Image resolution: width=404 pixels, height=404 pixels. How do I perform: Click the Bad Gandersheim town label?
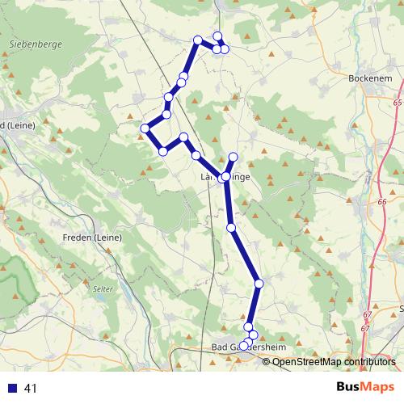point(248,347)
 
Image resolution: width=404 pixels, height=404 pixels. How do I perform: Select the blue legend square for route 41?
point(13,389)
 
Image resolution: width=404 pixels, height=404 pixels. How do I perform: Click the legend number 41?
point(31,389)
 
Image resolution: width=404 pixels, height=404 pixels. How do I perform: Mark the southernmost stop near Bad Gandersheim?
point(244,346)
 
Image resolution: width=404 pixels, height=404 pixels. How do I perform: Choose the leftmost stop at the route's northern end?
point(197,40)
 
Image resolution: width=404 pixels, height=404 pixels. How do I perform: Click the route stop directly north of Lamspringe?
point(234,156)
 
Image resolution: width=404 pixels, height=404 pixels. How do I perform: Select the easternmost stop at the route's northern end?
point(225,49)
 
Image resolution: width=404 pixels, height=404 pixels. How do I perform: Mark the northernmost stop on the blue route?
point(217,36)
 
